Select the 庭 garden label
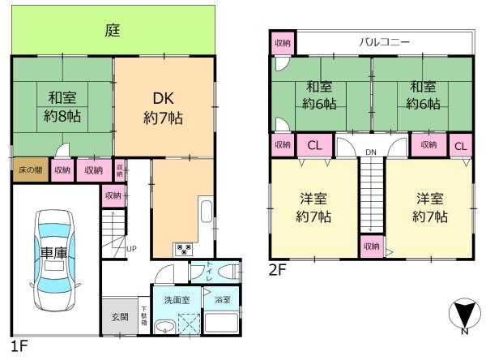[113, 32]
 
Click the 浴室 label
[222, 299]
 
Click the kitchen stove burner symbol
[181, 248]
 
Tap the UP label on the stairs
[131, 248]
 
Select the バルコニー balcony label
[385, 42]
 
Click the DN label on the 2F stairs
[371, 152]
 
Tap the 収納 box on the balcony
[283, 42]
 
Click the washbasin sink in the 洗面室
[164, 327]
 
